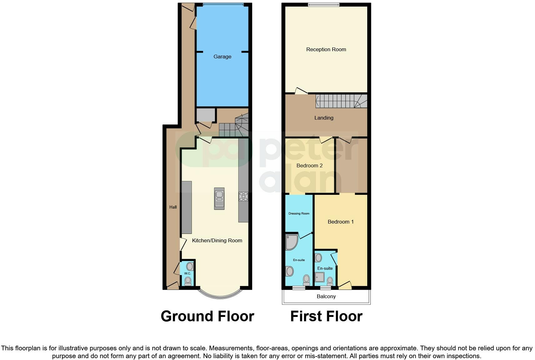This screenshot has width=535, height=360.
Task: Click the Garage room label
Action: pyautogui.click(x=222, y=57)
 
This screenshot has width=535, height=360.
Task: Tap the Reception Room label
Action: pyautogui.click(x=326, y=49)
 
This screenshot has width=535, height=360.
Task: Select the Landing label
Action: pyautogui.click(x=324, y=118)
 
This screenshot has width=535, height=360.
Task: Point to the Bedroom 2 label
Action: pyautogui.click(x=309, y=165)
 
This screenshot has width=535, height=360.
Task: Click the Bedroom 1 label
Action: pyautogui.click(x=341, y=222)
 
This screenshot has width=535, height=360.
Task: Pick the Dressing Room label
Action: pyautogui.click(x=299, y=214)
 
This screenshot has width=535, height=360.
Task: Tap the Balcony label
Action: pyautogui.click(x=326, y=296)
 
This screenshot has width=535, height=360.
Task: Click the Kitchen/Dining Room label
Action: pyautogui.click(x=217, y=240)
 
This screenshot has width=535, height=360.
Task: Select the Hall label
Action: pyautogui.click(x=173, y=207)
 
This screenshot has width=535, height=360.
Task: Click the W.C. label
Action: pyautogui.click(x=187, y=274)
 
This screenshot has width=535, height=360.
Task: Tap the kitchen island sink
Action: pyautogui.click(x=219, y=198)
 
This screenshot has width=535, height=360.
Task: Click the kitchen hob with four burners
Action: pyautogui.click(x=243, y=197)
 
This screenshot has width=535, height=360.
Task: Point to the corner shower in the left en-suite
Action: pyautogui.click(x=292, y=242)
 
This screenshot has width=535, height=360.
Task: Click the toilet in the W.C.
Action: pyautogui.click(x=188, y=281)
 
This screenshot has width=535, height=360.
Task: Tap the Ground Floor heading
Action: pyautogui.click(x=207, y=316)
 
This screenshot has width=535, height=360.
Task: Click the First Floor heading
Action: pyautogui.click(x=326, y=316)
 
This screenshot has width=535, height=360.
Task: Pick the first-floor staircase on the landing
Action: pyautogui.click(x=341, y=101)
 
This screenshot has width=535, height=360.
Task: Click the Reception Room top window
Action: pyautogui.click(x=323, y=4)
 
